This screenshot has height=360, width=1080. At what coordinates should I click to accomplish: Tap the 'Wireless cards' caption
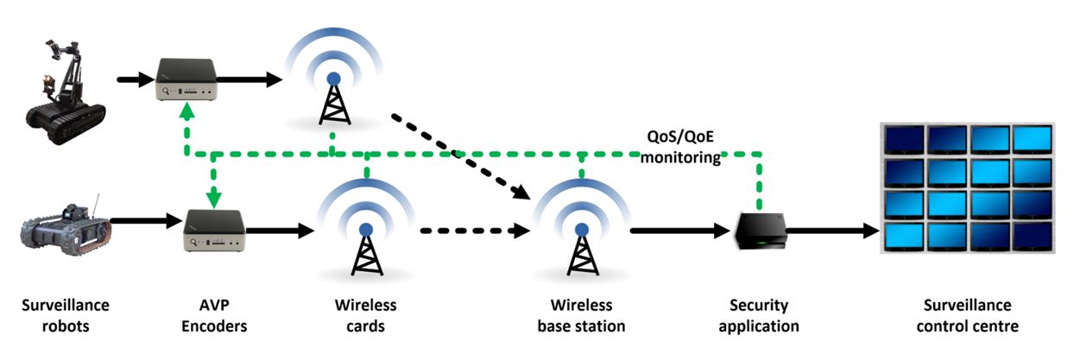click(366, 316)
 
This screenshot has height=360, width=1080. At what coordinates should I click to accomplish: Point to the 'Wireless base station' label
click(581, 316)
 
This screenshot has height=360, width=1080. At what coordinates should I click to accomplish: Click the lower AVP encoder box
click(214, 231)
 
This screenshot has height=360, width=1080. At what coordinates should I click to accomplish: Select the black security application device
click(761, 231)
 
